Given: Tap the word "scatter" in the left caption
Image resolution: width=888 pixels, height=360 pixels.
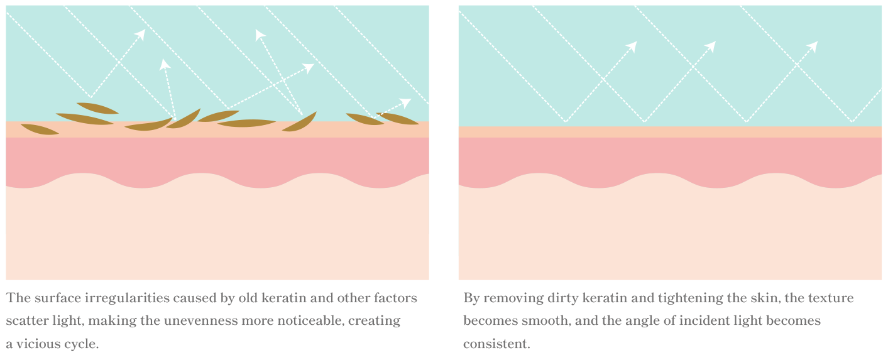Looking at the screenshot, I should tap(28, 320).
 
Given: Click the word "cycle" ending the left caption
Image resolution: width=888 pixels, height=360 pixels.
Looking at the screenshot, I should tap(82, 344).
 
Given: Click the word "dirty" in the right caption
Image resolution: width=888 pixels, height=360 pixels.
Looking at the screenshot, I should tap(551, 297).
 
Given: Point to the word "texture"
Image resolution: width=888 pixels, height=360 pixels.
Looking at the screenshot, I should tap(832, 297).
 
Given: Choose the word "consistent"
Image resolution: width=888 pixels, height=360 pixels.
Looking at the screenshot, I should tap(496, 344).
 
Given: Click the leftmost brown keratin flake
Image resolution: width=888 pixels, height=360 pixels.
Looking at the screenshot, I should tap(40, 129).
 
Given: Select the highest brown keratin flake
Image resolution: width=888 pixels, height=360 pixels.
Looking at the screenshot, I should tap(97, 107).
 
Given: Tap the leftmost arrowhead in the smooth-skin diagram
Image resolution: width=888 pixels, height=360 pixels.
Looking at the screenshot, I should tap(632, 46).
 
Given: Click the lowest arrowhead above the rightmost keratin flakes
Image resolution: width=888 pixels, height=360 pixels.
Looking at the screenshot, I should tap(406, 102).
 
